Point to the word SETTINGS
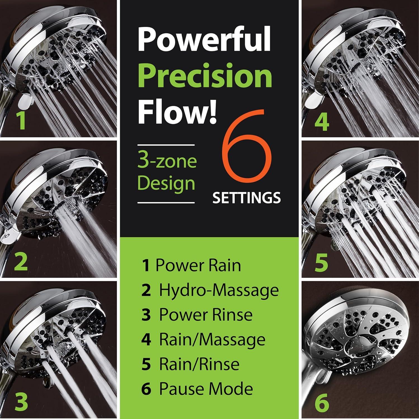[x=246, y=198]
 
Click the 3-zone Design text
[x=167, y=173]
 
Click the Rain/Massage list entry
[x=203, y=339]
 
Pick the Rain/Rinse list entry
[x=191, y=364]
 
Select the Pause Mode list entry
[x=197, y=389]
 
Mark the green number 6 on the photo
[x=322, y=403]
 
